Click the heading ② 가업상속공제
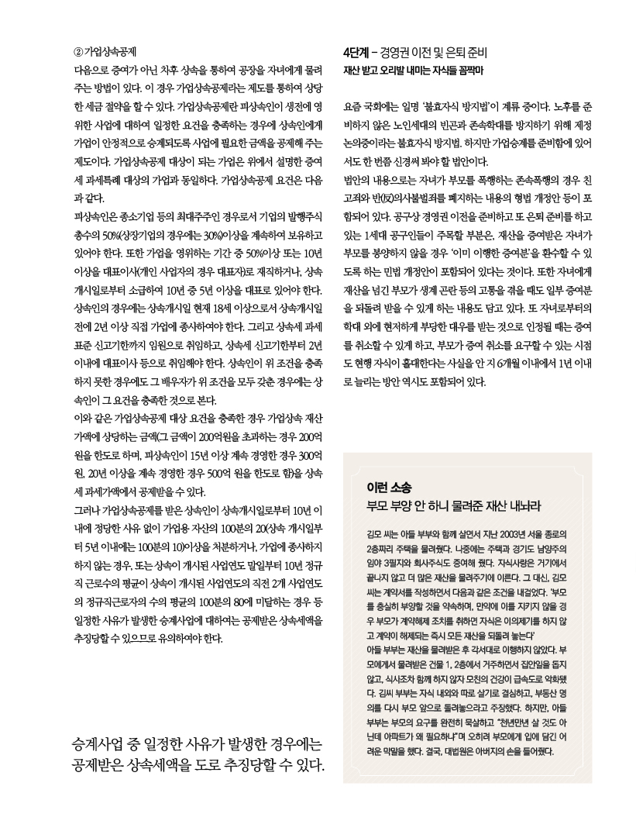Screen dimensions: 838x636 coord(105,53)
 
